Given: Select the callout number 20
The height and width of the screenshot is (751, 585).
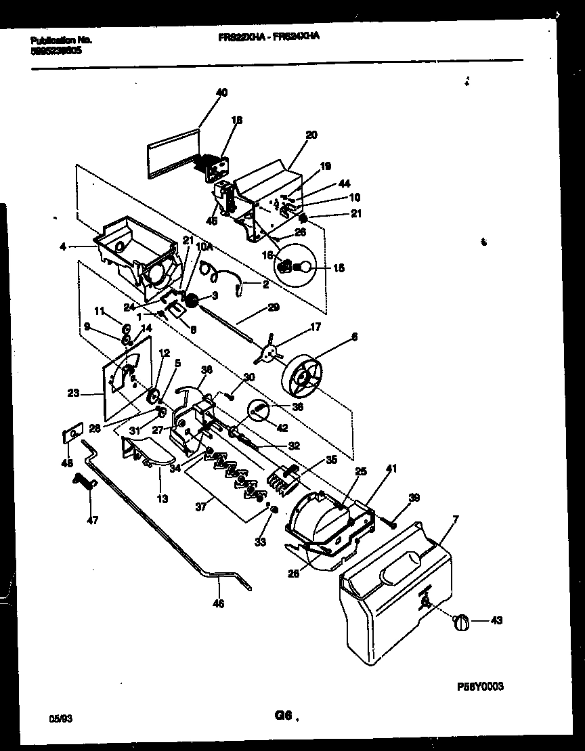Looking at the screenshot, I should [x=311, y=135].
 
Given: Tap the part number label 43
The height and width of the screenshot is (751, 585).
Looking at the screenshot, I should [x=496, y=620].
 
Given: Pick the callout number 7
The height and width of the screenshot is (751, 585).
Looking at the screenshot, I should [x=455, y=519].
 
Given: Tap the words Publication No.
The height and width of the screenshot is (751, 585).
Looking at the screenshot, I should [x=61, y=40].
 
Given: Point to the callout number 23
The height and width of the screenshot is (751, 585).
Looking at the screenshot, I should [x=74, y=391].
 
